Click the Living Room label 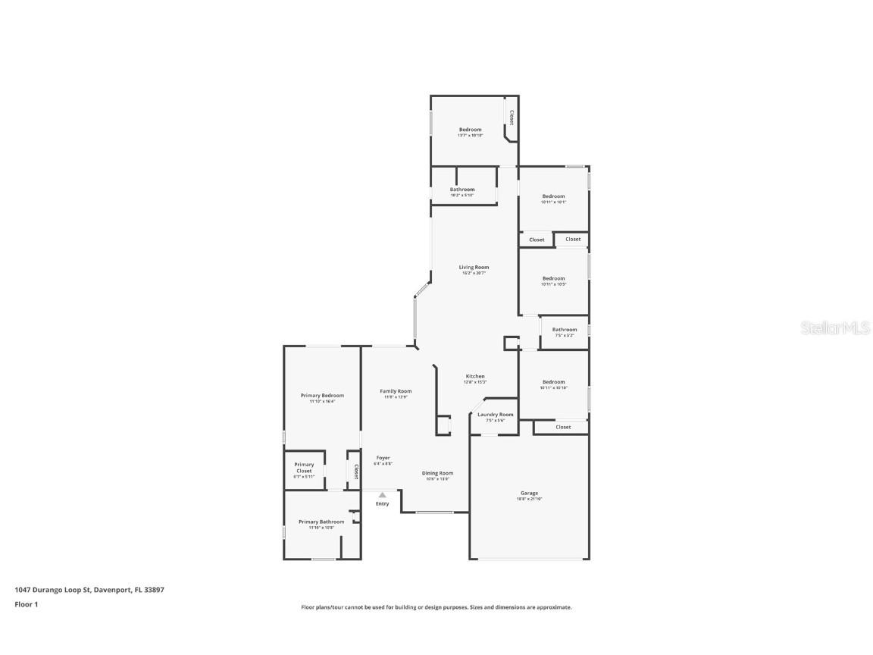[474, 268]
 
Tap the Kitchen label [474, 377]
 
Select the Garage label [529, 494]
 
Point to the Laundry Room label [495, 415]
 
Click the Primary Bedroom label [322, 396]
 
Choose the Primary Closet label [304, 468]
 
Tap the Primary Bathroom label [321, 522]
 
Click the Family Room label [396, 391]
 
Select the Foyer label [383, 458]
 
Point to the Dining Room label [437, 473]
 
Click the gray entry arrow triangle [382, 495]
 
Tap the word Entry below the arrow [382, 504]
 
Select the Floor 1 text [26, 604]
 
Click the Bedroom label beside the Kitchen [553, 382]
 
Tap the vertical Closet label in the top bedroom [512, 118]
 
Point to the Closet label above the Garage [563, 427]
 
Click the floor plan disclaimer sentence [436, 607]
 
